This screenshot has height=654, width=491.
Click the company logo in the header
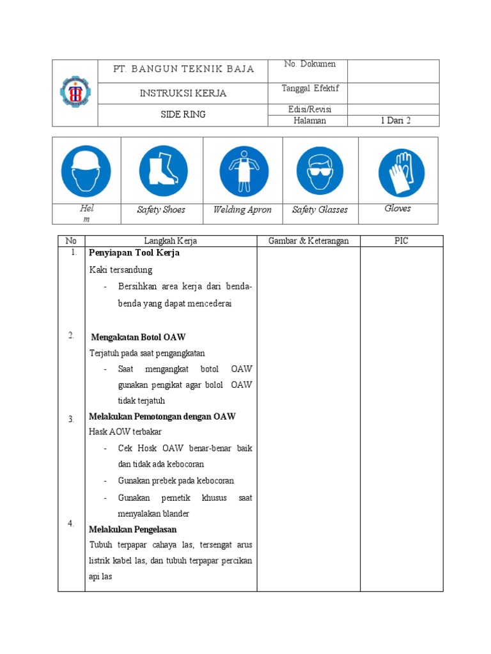click(x=74, y=92)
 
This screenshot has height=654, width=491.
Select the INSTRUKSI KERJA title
click(x=183, y=93)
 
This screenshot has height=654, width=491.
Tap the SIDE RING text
click(x=183, y=115)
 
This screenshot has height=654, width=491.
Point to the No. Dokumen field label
click(x=310, y=64)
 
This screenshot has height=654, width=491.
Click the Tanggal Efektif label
click(x=310, y=88)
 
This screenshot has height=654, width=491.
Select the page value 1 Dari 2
click(x=395, y=121)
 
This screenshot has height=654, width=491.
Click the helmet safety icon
click(x=86, y=171)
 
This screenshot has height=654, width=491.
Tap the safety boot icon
click(x=163, y=171)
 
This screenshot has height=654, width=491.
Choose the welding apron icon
click(x=244, y=171)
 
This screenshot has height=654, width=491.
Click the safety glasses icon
click(x=320, y=171)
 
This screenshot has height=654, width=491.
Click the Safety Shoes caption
click(x=161, y=210)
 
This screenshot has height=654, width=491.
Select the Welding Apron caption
click(x=242, y=210)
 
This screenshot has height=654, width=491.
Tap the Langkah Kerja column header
click(x=171, y=241)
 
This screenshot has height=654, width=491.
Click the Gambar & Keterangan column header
click(x=308, y=241)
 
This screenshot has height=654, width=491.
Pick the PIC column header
click(x=401, y=241)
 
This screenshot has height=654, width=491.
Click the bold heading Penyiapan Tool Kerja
click(x=134, y=253)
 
